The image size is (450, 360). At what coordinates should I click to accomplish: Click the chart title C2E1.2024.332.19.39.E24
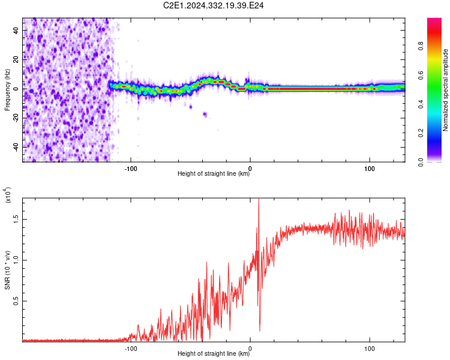[213, 5]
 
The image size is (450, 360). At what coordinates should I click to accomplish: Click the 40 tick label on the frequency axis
[16, 30]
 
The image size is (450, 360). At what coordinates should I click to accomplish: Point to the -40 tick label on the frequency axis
[16, 147]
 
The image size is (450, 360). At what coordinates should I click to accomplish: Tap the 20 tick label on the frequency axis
[16, 59]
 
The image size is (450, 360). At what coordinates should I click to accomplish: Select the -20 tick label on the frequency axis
[16, 118]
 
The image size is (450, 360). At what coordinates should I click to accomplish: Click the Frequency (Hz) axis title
[7, 90]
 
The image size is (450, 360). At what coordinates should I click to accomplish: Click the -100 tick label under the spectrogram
[131, 169]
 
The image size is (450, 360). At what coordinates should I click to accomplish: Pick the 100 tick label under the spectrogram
[370, 169]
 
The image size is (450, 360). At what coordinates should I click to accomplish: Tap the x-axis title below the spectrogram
[214, 173]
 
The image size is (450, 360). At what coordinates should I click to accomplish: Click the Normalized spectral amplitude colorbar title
[445, 90]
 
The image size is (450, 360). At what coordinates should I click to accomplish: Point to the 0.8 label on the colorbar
[421, 46]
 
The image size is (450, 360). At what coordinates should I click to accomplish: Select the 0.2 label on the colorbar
[421, 133]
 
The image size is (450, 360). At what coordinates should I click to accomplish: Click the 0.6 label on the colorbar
[421, 75]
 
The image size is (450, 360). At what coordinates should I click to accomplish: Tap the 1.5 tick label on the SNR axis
[16, 219]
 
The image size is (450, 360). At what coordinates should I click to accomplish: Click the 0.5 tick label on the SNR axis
[16, 301]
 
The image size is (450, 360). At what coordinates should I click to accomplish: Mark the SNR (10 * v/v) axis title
[7, 270]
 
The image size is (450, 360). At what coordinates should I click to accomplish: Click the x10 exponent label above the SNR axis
[8, 195]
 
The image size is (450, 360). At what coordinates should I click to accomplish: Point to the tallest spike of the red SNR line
[259, 199]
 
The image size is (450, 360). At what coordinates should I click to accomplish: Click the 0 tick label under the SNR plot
[250, 349]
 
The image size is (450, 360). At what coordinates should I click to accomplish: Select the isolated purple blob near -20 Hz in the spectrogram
[205, 115]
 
